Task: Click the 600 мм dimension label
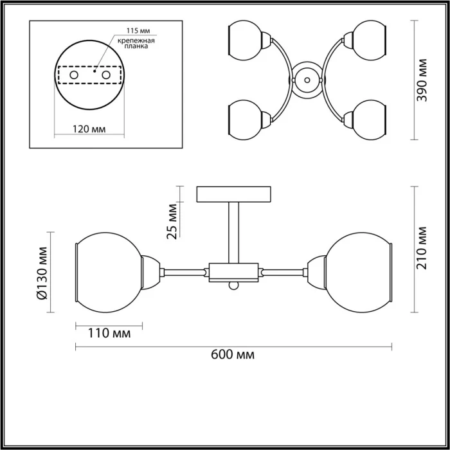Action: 232,355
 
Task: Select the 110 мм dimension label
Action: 109,333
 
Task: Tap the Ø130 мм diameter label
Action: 42,273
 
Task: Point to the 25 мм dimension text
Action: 172,221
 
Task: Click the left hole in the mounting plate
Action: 74,75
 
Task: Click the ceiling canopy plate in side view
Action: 233,193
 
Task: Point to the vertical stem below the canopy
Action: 233,231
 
